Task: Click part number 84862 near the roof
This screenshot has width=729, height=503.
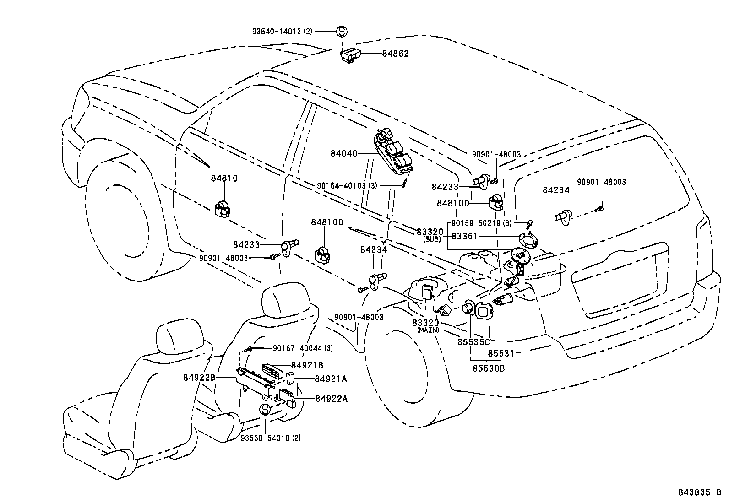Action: (x=395, y=54)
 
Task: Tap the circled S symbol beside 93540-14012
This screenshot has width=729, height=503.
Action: (x=342, y=32)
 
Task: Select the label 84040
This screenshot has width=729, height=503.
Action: (x=343, y=154)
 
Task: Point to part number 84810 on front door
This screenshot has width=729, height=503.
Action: (x=224, y=178)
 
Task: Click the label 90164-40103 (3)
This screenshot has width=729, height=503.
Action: (x=347, y=185)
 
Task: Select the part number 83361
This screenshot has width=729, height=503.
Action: (x=464, y=236)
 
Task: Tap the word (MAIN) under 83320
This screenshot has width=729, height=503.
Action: (x=428, y=330)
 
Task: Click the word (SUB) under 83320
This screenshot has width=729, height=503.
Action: (x=431, y=239)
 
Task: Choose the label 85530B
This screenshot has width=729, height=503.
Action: (x=489, y=368)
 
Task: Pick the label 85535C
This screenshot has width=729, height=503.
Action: (x=473, y=341)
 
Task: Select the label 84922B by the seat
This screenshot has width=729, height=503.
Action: (x=199, y=378)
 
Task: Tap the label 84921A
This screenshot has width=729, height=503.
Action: (x=331, y=379)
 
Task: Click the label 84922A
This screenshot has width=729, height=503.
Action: (x=331, y=399)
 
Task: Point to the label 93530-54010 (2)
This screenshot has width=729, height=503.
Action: (x=271, y=438)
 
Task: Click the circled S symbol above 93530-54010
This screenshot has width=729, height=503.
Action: (x=266, y=410)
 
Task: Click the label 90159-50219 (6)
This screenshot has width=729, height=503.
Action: (x=481, y=223)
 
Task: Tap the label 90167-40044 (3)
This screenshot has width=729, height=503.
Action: (x=303, y=348)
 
